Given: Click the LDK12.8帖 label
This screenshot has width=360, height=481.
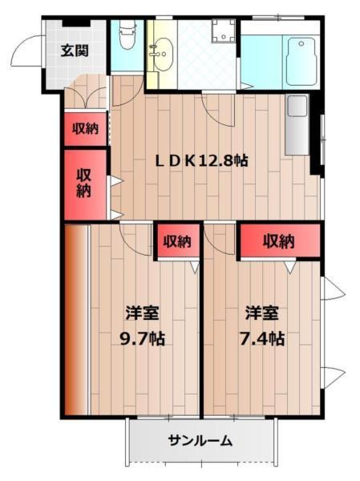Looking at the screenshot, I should point(201,160).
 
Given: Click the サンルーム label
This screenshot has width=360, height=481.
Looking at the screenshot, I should point(200,440).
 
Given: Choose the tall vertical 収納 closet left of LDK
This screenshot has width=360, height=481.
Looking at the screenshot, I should point(84,184).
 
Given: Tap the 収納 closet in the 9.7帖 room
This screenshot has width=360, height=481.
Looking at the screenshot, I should point(177,240).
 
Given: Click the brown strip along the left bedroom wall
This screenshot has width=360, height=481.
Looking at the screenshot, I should point(74,321).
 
